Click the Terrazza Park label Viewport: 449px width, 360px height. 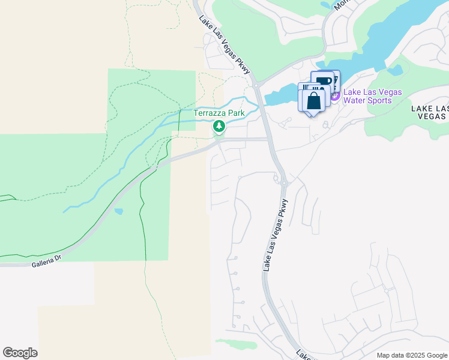pos(218,113)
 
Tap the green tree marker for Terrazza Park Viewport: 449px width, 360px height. pos(218,127)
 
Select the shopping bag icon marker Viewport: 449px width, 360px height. pos(313,100)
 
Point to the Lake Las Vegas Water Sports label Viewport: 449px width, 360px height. pos(372,96)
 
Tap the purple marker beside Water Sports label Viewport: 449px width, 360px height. pos(335,95)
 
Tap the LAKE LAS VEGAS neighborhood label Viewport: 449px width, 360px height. pos(430,113)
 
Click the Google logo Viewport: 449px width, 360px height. pos(20,353)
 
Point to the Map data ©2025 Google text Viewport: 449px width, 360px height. pos(411,355)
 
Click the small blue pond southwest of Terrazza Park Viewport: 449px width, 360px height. pos(118,211)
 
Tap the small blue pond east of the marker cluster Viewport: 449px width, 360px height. pos(394,70)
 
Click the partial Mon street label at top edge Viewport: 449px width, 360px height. pos(340,4)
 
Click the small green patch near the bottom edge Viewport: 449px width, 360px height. pos(236,344)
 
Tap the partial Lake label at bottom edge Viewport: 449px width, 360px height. pos(304,355)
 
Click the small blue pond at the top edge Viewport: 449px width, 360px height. pos(325,4)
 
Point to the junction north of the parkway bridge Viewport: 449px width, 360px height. pos(255,80)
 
